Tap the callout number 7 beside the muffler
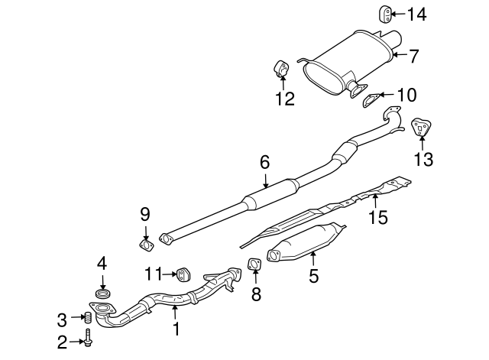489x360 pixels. [413, 55]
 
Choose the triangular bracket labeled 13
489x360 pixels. [419, 128]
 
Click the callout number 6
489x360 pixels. [264, 162]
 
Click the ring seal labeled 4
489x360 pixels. [101, 293]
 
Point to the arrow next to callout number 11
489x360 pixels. [167, 272]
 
